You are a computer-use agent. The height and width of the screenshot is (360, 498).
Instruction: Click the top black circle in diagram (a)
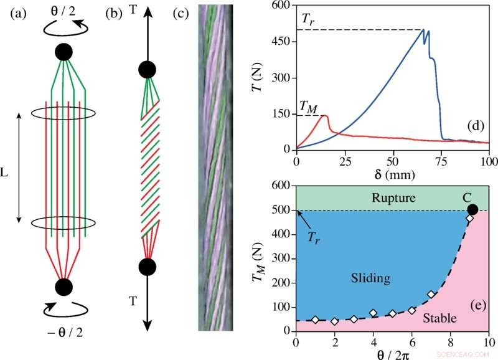click(63, 52)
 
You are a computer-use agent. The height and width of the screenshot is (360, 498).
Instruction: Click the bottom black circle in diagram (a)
click(63, 287)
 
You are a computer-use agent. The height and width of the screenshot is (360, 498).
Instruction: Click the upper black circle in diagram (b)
click(147, 69)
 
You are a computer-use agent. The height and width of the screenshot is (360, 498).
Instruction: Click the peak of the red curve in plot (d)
click(325, 116)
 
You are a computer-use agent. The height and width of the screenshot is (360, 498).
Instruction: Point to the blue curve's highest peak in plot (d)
click(423, 29)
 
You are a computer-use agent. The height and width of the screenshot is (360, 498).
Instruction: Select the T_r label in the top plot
click(308, 19)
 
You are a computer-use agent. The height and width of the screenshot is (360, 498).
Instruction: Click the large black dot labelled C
click(472, 210)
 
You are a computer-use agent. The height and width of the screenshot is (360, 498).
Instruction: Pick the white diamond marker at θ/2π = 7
click(431, 295)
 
